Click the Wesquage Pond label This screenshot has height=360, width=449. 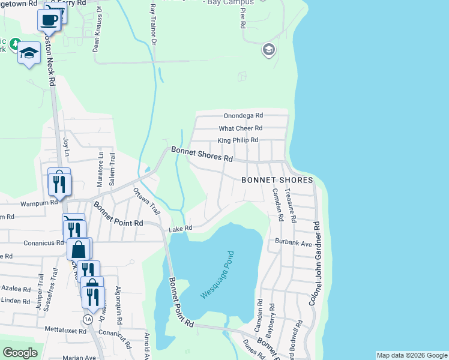[217, 275]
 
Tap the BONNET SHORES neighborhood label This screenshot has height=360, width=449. [277, 180]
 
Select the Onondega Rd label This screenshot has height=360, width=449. [243, 115]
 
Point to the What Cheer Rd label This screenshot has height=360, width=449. [240, 128]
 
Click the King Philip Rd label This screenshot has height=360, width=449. [238, 140]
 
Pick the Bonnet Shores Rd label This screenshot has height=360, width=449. [202, 155]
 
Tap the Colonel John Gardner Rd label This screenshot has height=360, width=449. [314, 263]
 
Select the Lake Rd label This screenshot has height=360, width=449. [180, 229]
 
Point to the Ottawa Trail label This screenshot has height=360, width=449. [146, 202]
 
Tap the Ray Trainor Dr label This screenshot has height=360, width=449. [152, 23]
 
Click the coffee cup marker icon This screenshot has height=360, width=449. [49, 20]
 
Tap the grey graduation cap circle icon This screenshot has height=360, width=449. [268, 50]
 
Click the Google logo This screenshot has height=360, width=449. [20, 353]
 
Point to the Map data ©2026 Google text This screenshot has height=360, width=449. [411, 355]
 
